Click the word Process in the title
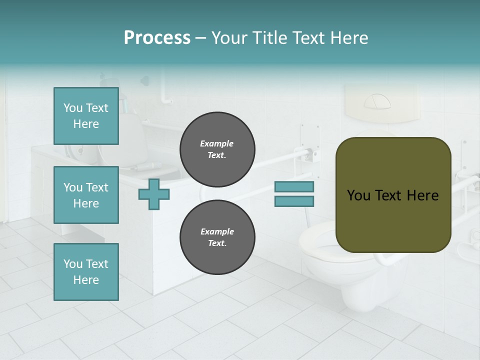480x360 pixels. (157, 38)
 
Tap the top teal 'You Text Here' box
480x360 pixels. (86, 116)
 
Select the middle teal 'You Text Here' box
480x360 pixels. (86, 195)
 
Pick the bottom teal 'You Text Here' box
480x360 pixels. (86, 272)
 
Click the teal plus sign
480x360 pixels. (154, 194)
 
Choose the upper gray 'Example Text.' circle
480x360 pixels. (217, 149)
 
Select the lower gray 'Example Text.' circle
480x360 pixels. (217, 237)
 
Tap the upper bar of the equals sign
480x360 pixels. (294, 187)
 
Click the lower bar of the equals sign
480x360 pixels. (294, 201)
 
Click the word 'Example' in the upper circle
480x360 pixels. (217, 144)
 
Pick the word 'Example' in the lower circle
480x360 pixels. (217, 232)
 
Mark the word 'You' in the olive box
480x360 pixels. (358, 195)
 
